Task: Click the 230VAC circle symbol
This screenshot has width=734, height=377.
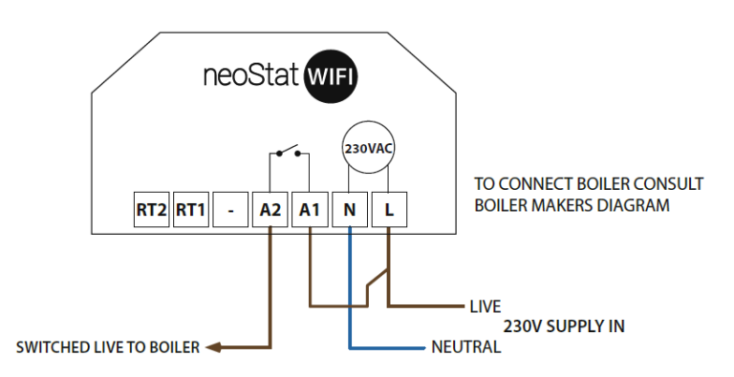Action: click(x=368, y=149)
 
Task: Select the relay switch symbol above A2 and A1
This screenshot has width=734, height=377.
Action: click(x=286, y=152)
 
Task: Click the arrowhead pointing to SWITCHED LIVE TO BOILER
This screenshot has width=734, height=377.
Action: click(x=215, y=347)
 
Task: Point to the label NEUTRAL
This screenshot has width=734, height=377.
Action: click(x=465, y=347)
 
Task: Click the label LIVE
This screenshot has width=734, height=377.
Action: click(x=486, y=308)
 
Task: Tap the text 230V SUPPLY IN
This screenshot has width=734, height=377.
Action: click(x=564, y=326)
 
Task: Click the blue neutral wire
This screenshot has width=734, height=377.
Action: click(x=349, y=286)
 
